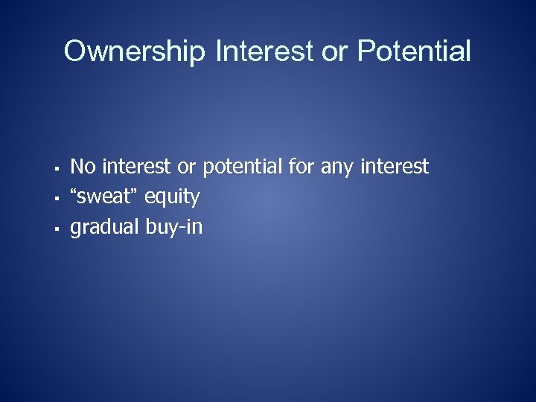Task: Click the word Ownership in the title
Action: pyautogui.click(x=135, y=52)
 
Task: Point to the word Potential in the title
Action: pyautogui.click(x=414, y=52)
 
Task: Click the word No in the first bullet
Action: pyautogui.click(x=83, y=167)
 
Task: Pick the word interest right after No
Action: pyautogui.click(x=137, y=167)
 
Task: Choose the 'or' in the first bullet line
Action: pyautogui.click(x=187, y=167)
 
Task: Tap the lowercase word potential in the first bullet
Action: pyautogui.click(x=243, y=167)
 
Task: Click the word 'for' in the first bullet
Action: pyautogui.click(x=301, y=167)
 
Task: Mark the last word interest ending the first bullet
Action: pyautogui.click(x=395, y=167)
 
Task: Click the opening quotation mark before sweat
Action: pyautogui.click(x=74, y=193)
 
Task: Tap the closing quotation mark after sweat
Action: pyautogui.click(x=136, y=193)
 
